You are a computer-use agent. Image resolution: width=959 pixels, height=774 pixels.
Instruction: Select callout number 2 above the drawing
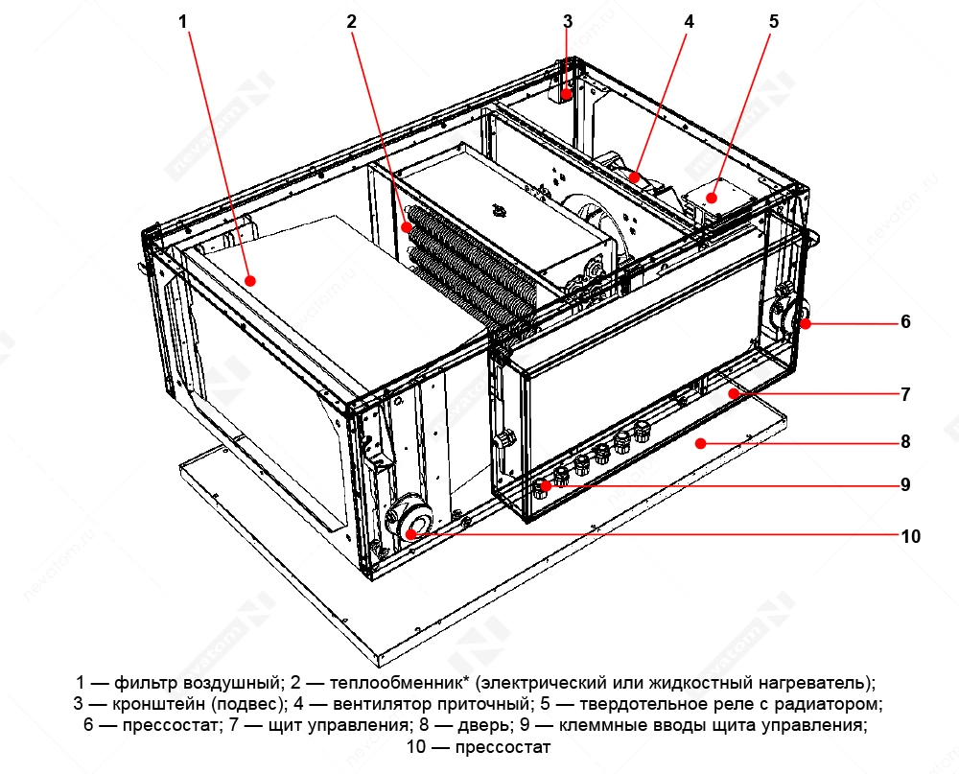coord(352,20)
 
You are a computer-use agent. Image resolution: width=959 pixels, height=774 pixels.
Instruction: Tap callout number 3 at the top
coord(568,20)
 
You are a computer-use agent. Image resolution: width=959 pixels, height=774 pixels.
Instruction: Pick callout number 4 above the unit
coord(689,20)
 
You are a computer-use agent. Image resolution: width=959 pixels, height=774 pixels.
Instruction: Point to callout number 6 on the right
coord(905,322)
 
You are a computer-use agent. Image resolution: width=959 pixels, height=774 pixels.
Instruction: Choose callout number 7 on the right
coord(905,394)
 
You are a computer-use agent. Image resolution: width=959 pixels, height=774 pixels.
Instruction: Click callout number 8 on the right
coord(905,442)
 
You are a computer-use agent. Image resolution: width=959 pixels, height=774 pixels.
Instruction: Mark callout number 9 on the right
coord(905,485)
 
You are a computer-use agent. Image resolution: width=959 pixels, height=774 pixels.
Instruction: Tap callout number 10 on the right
coord(910,536)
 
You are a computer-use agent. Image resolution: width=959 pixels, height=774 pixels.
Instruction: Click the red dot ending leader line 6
coord(806,324)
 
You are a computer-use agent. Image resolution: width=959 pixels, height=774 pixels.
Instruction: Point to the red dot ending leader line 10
coord(412,533)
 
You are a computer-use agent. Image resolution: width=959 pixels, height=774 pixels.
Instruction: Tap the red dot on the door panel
coord(701,442)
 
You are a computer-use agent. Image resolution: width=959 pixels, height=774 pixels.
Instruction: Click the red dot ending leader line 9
coord(544,486)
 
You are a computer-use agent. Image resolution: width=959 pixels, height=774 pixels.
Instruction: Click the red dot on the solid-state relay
coord(711,198)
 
